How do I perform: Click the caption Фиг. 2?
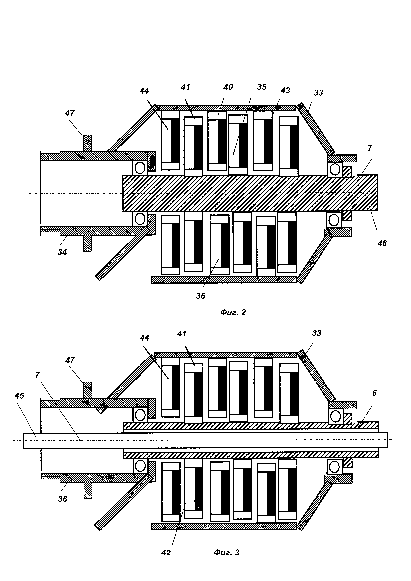tap(233, 312)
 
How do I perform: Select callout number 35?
tap(262, 87)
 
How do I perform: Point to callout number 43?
tap(286, 90)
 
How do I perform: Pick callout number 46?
tap(382, 243)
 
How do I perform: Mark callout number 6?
tap(375, 393)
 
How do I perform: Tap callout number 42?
tap(166, 560)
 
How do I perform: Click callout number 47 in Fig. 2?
tap(70, 113)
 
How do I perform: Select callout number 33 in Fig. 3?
tap(317, 333)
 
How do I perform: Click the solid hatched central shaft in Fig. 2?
tap(250, 193)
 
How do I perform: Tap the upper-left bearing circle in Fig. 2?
tap(140, 167)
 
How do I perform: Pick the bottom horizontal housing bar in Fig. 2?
tap(224, 280)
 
